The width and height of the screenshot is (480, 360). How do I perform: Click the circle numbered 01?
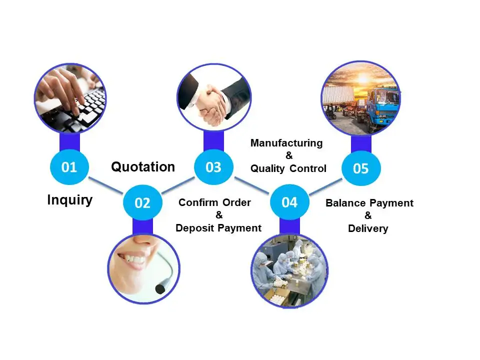click(69, 167)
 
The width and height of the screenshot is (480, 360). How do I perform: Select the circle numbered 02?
click(142, 202)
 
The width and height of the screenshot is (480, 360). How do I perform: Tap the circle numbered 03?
click(213, 167)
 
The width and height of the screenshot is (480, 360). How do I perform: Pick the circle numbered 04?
click(289, 202)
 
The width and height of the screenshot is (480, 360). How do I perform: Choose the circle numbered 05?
click(360, 168)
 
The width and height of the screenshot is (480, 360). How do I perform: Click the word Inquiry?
click(70, 200)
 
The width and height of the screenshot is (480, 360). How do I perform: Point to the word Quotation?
click(143, 166)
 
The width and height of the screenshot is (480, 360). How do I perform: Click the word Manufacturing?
click(286, 143)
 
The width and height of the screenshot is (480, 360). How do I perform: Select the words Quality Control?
click(288, 168)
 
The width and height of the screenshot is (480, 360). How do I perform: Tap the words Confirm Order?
click(214, 202)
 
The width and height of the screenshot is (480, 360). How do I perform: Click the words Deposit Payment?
click(218, 228)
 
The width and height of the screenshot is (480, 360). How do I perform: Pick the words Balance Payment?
click(369, 203)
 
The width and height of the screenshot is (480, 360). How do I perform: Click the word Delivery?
click(368, 228)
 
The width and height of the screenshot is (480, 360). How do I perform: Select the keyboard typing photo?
click(69, 97)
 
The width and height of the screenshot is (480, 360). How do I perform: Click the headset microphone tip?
click(160, 288)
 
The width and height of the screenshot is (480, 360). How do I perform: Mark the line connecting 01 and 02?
click(106, 185)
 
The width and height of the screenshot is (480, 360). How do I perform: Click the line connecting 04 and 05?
click(325, 185)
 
